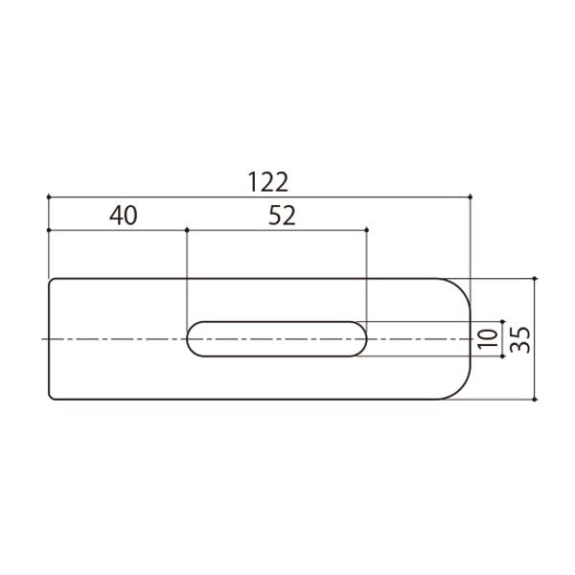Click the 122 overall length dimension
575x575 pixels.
tap(268, 182)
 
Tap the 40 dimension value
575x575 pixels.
tap(124, 216)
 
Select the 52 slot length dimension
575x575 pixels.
tap(282, 216)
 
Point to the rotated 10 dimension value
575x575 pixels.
tap(488, 338)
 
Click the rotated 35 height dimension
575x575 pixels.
tap(519, 339)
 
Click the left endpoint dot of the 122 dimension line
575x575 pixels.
tap(49, 196)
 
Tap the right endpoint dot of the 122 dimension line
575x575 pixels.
tap(471, 196)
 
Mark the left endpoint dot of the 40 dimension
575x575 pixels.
tap(49, 230)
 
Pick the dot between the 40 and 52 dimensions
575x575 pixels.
tap(187, 230)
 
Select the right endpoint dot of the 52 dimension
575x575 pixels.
tap(367, 230)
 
